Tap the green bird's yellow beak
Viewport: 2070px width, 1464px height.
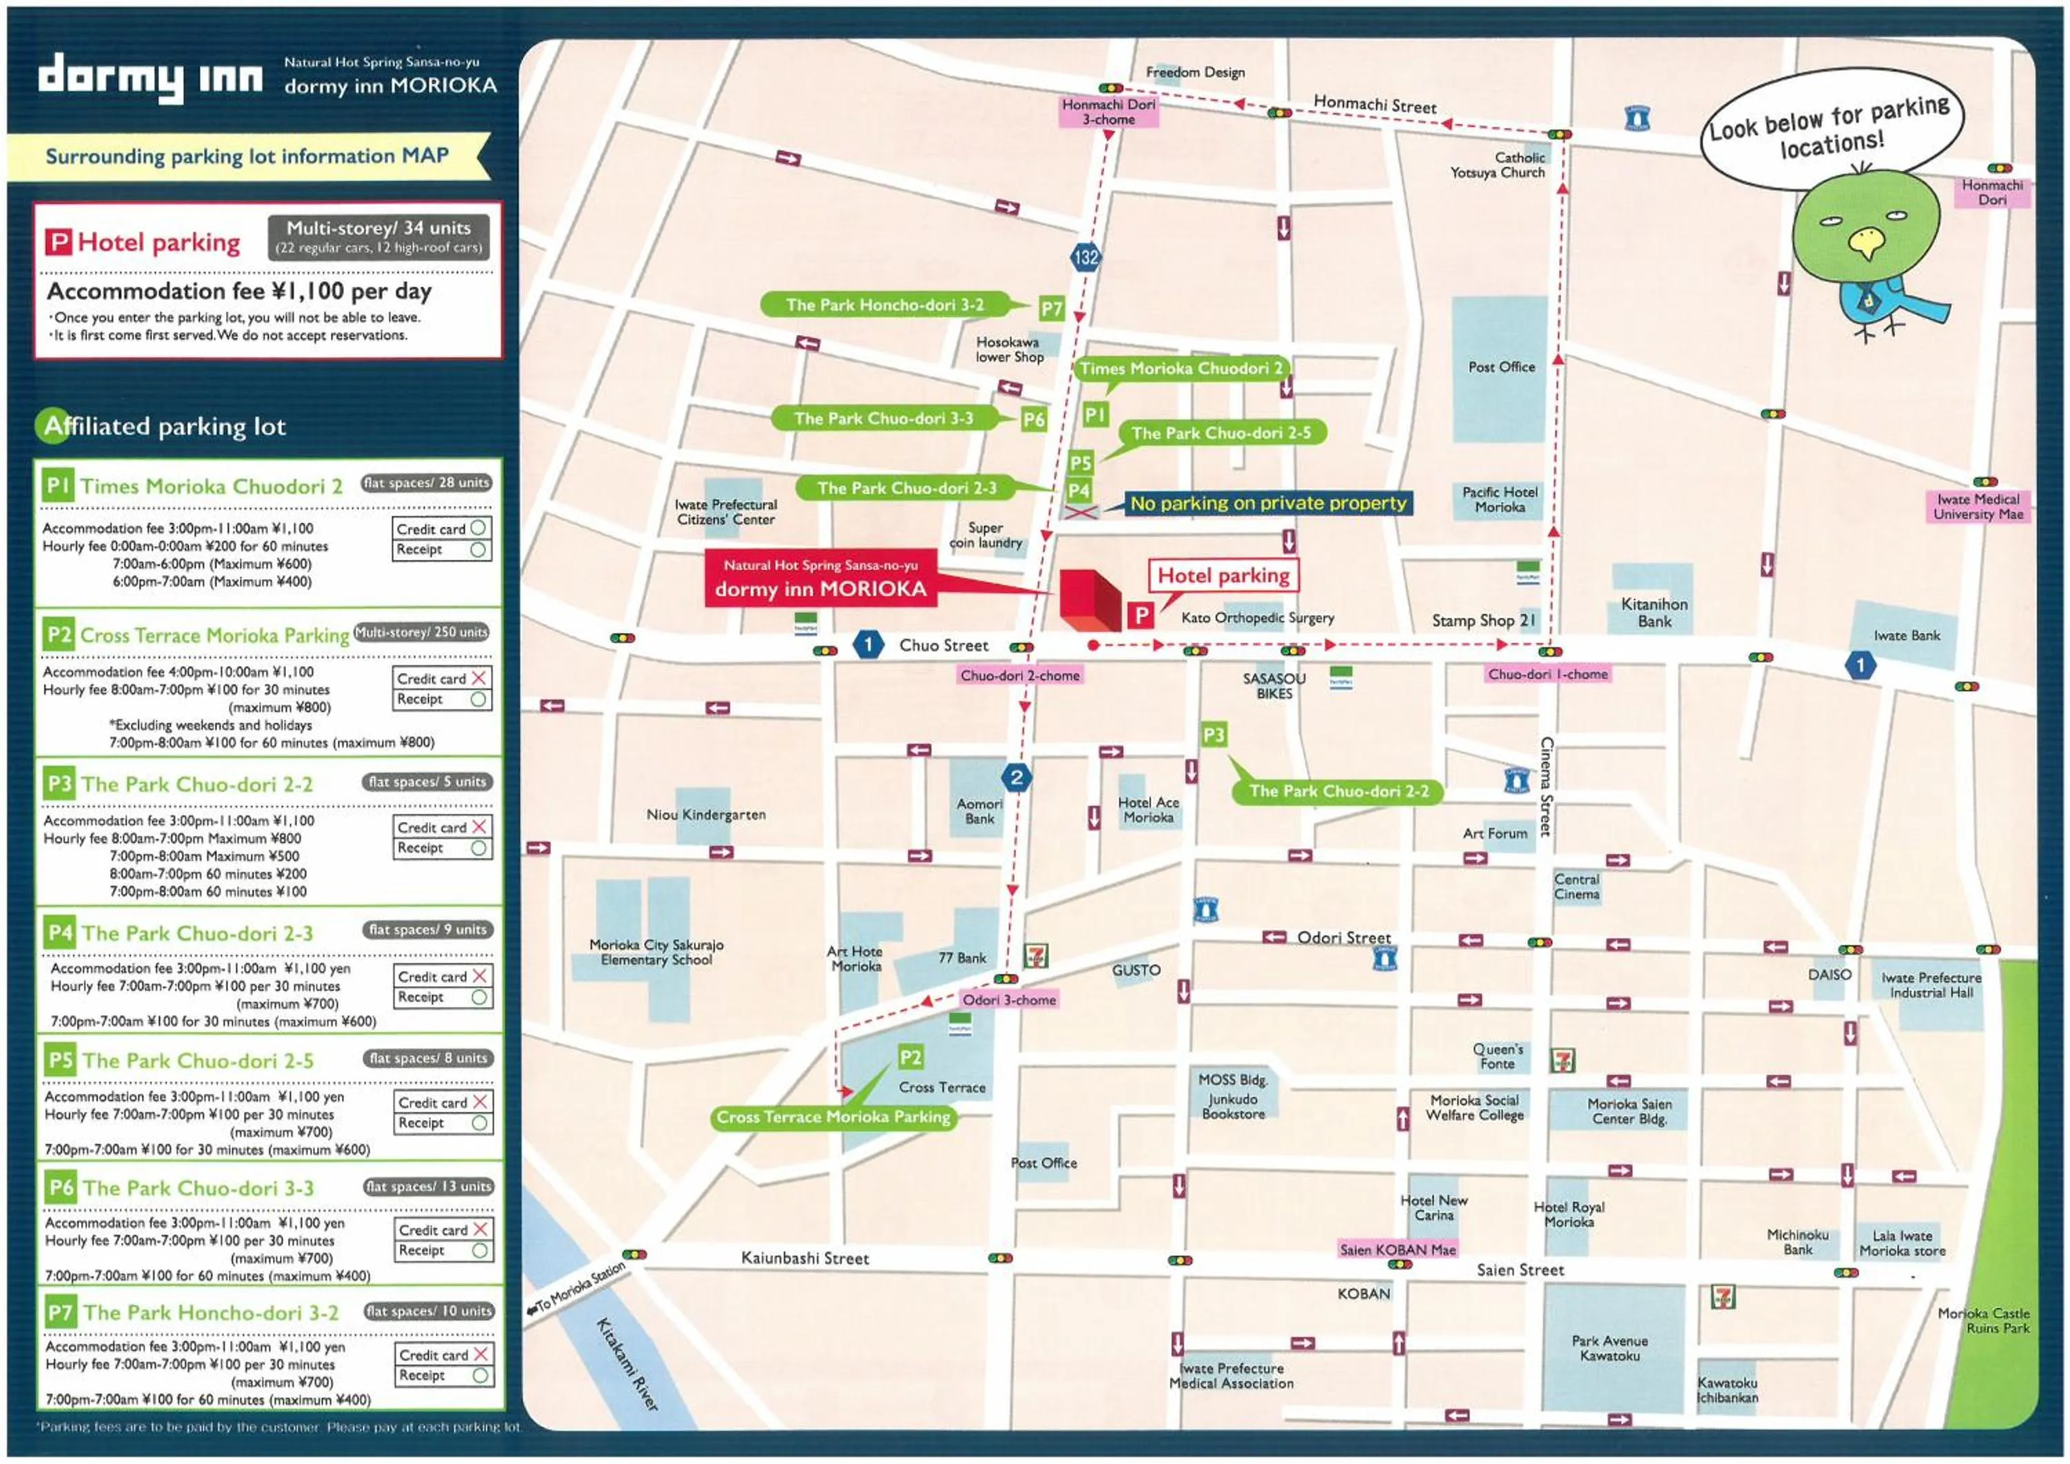coord(1864,241)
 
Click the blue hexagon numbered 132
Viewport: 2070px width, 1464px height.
coord(1085,257)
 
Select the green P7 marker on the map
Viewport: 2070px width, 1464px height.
coord(1052,308)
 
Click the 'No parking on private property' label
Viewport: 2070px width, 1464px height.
coord(1268,503)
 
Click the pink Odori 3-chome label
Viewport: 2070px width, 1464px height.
coord(1009,1000)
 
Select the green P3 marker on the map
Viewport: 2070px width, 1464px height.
coord(1214,735)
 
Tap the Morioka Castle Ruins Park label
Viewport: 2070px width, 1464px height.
coord(1984,1320)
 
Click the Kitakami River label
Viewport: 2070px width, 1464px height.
coord(626,1364)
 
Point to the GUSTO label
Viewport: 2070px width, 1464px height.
coord(1135,970)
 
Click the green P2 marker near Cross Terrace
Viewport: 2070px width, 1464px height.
coord(911,1058)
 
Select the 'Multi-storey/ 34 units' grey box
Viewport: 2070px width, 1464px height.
coord(379,236)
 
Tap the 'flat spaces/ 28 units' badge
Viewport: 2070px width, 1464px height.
coord(426,483)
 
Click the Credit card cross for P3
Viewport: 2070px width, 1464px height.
coord(479,827)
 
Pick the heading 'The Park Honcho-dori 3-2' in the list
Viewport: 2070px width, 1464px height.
coord(211,1312)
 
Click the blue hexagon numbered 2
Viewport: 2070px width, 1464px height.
coord(1016,777)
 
